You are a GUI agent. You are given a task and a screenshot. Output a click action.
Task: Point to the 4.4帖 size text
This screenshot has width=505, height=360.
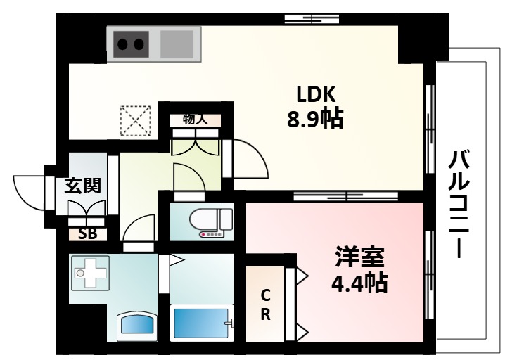(359, 282)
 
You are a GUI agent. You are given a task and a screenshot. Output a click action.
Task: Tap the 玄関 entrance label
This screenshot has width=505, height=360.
(83, 186)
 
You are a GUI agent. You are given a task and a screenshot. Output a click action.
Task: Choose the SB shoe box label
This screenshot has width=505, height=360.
(87, 233)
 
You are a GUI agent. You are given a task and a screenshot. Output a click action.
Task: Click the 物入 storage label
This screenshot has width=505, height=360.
(195, 118)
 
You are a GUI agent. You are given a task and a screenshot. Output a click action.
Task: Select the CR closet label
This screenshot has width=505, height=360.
(265, 304)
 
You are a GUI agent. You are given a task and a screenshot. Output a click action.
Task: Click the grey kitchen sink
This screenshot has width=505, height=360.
(176, 44)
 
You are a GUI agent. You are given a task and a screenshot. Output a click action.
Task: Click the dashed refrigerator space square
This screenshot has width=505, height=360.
(136, 120)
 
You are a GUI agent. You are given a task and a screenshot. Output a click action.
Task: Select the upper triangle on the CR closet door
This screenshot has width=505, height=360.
(300, 274)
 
